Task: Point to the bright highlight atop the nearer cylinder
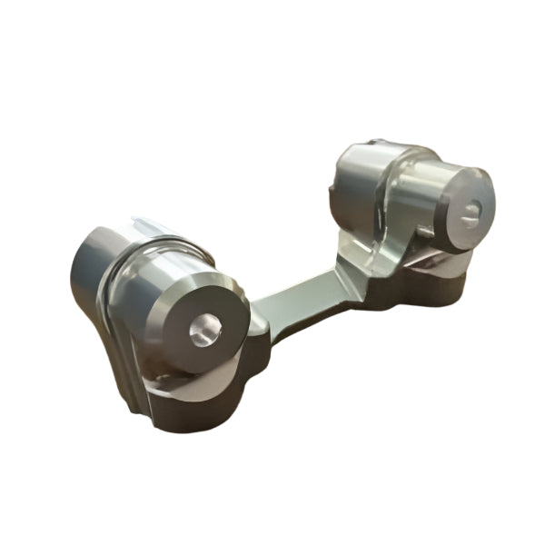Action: point(168,259)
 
